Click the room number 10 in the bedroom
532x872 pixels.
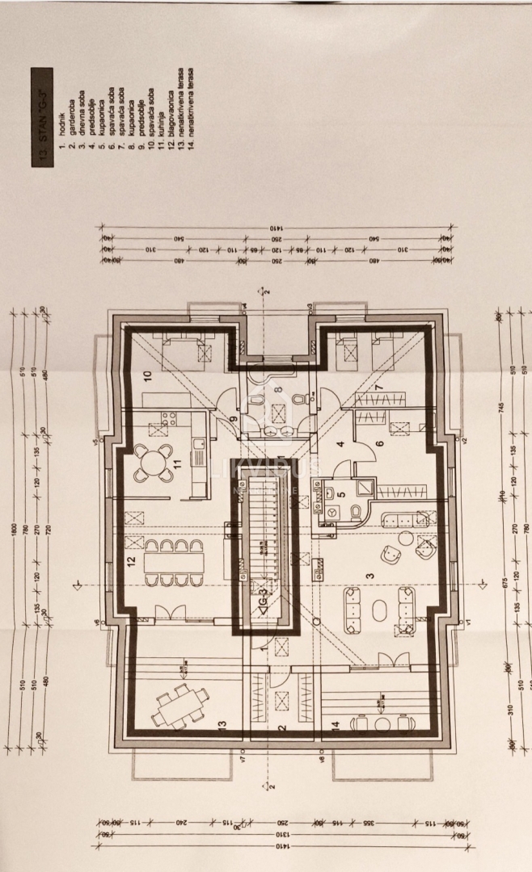pyautogui.click(x=148, y=375)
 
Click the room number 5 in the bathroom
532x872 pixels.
pyautogui.click(x=340, y=497)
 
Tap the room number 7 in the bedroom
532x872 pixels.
pyautogui.click(x=377, y=387)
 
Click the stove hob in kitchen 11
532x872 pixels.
pyautogui.click(x=171, y=420)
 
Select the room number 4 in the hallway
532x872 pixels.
pyautogui.click(x=341, y=444)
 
